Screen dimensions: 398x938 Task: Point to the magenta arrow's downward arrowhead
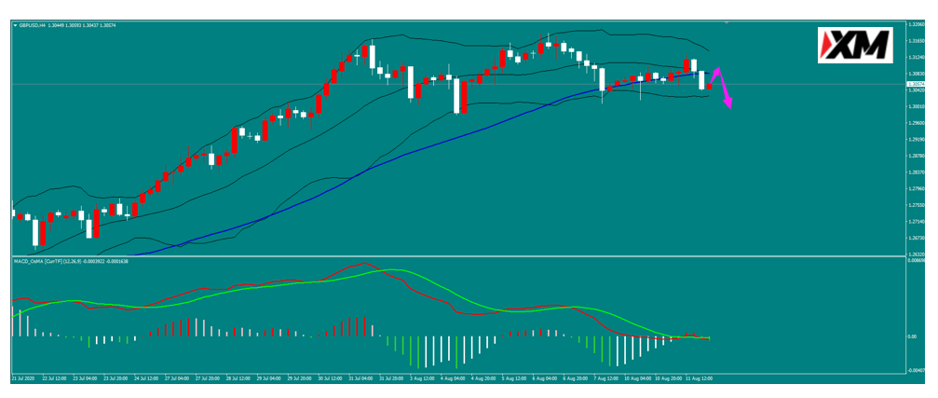click(x=728, y=103)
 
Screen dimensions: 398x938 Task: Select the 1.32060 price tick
click(x=915, y=25)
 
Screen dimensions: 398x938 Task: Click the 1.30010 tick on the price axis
click(x=915, y=106)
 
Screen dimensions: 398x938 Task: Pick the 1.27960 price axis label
click(x=915, y=188)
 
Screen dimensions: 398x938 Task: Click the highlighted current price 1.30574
click(x=915, y=84)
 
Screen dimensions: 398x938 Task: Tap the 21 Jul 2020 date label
click(x=23, y=379)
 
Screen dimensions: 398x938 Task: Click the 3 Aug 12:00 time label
click(x=423, y=379)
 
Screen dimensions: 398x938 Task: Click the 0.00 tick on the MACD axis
click(x=911, y=336)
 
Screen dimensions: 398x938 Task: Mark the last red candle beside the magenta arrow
click(x=710, y=87)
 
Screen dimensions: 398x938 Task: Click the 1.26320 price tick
click(x=915, y=254)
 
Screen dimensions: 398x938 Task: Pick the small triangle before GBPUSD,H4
click(x=15, y=25)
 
